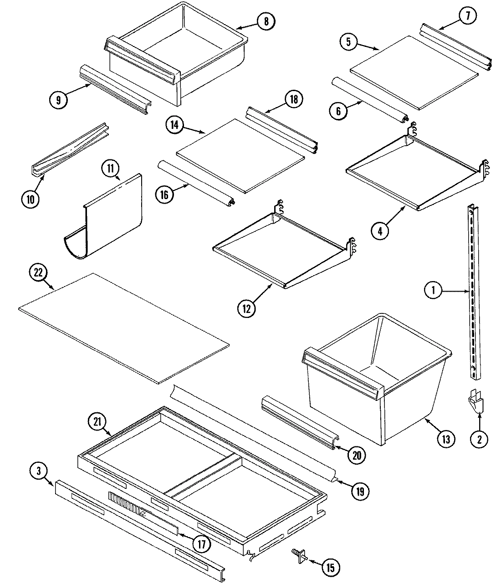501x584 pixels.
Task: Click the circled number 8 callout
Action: click(x=266, y=20)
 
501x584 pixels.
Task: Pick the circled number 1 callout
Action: click(x=433, y=290)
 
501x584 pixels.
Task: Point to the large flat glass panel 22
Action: click(x=123, y=326)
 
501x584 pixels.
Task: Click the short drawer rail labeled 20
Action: click(x=298, y=422)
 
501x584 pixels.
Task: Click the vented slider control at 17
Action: click(x=125, y=506)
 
